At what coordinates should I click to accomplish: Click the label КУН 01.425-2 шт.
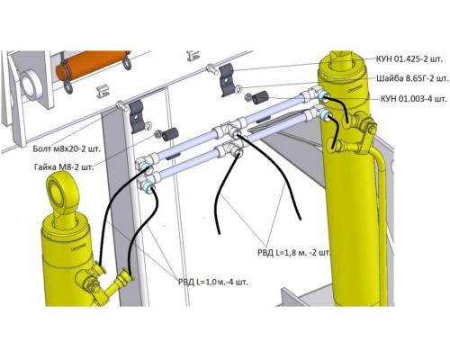tap(409, 59)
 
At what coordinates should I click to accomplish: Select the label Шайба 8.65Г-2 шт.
tap(412, 78)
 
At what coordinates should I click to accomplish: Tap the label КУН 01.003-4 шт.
tap(414, 99)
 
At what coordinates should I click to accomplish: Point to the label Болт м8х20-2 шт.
tap(67, 148)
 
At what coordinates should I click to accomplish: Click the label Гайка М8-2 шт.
tap(64, 166)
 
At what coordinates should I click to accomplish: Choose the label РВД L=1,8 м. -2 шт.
tap(293, 253)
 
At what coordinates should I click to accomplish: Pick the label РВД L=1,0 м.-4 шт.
tap(213, 282)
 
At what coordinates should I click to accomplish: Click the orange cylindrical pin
tap(93, 66)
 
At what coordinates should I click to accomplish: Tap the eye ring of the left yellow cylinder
tap(62, 193)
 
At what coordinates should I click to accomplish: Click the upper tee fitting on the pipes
tap(230, 130)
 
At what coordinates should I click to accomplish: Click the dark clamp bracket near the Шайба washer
tap(227, 80)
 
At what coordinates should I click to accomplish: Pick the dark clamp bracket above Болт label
tap(137, 116)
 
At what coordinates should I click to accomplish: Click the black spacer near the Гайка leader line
tap(170, 134)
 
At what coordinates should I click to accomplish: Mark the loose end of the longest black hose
tap(300, 219)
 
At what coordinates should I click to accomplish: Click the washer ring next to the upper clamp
tap(238, 89)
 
